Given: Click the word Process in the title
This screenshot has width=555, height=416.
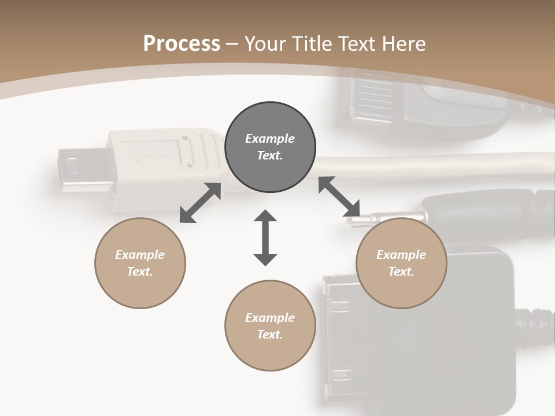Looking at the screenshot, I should (x=182, y=44).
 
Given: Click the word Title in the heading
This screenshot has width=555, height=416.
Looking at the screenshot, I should (x=313, y=44).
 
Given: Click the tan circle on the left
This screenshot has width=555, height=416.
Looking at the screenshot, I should (x=140, y=289).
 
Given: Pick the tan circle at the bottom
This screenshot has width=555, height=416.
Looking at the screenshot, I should (x=270, y=352).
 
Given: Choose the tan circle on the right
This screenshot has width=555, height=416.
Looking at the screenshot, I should (x=401, y=289).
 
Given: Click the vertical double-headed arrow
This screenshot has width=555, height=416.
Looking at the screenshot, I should (x=265, y=237).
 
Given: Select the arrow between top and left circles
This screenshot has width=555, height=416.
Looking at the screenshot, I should (x=201, y=203).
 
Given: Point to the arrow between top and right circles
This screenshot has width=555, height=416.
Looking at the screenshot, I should (x=339, y=196).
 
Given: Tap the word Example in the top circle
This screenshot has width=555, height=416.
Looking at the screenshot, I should (x=270, y=139).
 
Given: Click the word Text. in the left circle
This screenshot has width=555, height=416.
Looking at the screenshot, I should (x=140, y=272).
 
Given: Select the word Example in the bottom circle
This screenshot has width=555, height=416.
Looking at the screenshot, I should (x=270, y=318).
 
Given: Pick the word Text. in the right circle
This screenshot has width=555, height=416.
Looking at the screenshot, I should (x=401, y=272).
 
